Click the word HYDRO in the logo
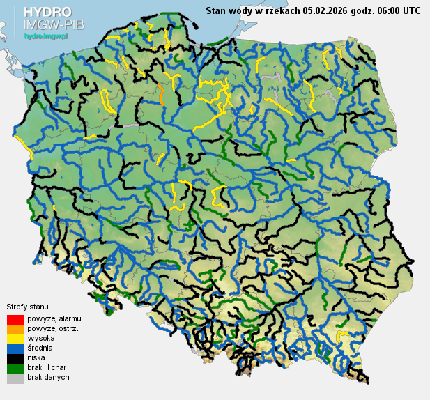tap(47, 13)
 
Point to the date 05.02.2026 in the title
tap(327, 10)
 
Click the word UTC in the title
tap(410, 10)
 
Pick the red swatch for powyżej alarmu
tap(15, 319)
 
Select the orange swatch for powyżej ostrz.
tap(15, 329)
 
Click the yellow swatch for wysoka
tap(15, 339)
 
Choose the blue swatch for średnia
tap(15, 348)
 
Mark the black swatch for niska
tap(15, 358)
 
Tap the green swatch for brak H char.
tap(15, 368)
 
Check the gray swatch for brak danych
tap(15, 378)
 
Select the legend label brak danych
tap(48, 377)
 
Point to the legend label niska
tap(36, 357)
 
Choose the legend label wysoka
tap(40, 338)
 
